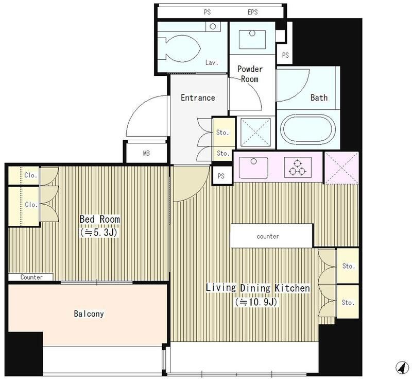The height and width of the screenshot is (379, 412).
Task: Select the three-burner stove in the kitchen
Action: click(x=298, y=167)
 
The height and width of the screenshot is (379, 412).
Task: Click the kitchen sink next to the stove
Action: click(x=253, y=168)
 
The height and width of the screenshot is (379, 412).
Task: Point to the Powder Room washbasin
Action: click(x=252, y=40)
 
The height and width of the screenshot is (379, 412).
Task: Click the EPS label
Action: click(x=252, y=12)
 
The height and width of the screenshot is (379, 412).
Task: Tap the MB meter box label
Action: click(x=146, y=153)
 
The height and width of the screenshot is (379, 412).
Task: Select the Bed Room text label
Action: click(x=99, y=219)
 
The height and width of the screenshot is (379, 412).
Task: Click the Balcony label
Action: click(x=89, y=314)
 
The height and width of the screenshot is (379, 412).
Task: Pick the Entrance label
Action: click(x=198, y=98)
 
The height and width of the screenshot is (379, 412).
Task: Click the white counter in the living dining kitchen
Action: click(x=272, y=236)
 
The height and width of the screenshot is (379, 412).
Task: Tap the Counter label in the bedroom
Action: click(x=31, y=277)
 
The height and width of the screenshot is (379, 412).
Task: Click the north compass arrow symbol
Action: click(x=402, y=367)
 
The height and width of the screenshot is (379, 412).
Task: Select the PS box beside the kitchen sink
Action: click(x=221, y=176)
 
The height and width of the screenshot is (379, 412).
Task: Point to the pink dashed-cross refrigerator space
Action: click(x=341, y=168)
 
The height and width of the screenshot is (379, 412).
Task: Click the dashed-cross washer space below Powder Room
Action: click(x=255, y=132)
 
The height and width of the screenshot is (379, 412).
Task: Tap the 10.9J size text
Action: click(x=256, y=302)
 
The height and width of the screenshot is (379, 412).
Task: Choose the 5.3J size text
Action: click(x=99, y=233)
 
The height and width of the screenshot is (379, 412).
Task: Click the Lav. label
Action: click(x=212, y=62)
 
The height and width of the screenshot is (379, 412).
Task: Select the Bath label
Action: click(x=319, y=97)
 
